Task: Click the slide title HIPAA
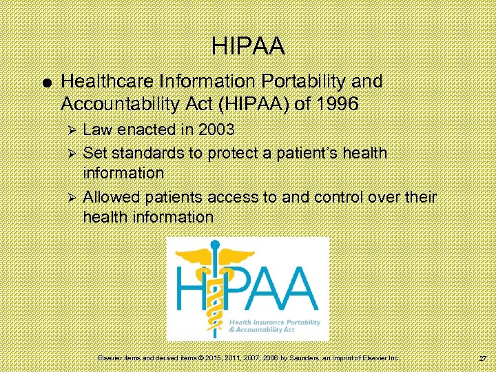coord(248,47)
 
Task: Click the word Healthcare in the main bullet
coord(103,81)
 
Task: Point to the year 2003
coord(214,130)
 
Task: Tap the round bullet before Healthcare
coord(44,83)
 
